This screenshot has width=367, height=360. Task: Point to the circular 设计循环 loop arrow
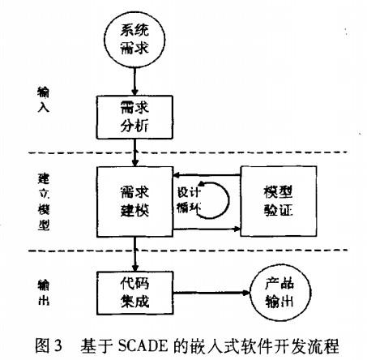[x=228, y=200]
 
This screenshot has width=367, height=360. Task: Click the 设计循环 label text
[x=189, y=200]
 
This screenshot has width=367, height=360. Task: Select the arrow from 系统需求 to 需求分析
[x=134, y=81]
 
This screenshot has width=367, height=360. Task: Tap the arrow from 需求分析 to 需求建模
[x=134, y=152]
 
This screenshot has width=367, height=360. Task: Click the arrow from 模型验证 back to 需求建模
[x=207, y=175]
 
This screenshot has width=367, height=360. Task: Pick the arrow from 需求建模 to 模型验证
[x=207, y=229]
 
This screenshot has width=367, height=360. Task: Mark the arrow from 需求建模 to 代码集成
[x=134, y=254]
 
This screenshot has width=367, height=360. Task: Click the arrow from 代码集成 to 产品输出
[x=211, y=293]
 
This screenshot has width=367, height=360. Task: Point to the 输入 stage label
[x=43, y=100]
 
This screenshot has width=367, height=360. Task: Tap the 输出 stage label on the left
[x=43, y=293]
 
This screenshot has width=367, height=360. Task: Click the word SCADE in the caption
[x=143, y=345]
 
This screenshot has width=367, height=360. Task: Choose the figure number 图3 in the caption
[x=49, y=345]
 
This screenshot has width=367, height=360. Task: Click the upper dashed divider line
[x=188, y=152]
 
